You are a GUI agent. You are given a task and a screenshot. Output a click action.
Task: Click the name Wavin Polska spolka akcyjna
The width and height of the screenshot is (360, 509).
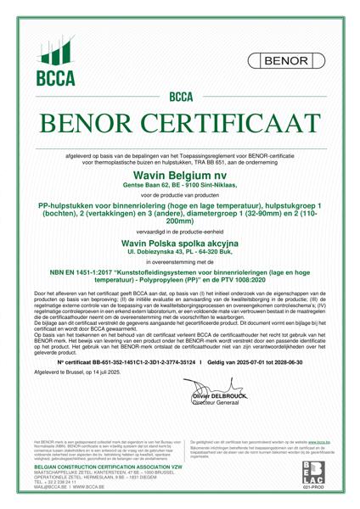tap(180, 242)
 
